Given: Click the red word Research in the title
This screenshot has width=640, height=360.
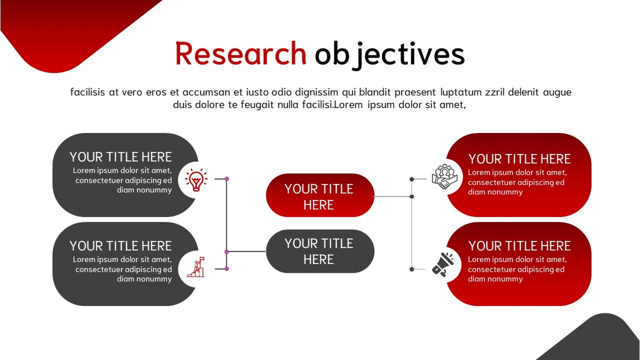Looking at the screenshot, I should pos(241,54).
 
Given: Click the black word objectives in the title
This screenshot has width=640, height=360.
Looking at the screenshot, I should pos(389,54).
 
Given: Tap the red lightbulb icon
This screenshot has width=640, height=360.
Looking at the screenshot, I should pos(196,179).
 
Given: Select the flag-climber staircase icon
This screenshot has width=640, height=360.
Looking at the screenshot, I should pos(196,267).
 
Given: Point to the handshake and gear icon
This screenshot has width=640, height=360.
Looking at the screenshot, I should pos(444,177).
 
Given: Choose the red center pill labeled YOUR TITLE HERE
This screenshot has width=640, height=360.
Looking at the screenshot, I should pos(320,196).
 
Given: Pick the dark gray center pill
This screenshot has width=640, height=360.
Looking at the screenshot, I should pos(320,251).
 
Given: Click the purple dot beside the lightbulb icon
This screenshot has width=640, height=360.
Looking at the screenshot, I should pos(227,179).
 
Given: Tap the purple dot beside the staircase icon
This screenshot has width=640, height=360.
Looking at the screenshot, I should pos(227,269).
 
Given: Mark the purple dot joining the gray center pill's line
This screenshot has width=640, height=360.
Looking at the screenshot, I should pos(227,252).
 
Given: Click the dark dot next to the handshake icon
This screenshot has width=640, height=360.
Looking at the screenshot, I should pos(411,179).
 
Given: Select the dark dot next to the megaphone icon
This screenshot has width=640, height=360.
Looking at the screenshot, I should pos(411,269).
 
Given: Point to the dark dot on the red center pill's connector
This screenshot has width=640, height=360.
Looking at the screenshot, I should pos(411,197).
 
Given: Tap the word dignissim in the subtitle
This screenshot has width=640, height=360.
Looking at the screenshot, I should pos(316,92).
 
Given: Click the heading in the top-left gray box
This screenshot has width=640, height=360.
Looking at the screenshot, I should pos(121,157).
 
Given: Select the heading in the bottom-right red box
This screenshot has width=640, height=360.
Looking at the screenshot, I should pos(519,246).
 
